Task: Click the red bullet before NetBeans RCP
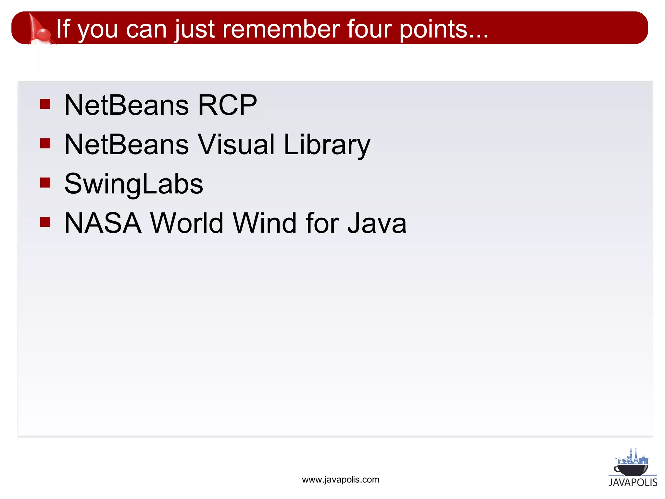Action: point(45,104)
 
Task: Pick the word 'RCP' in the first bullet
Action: point(227,105)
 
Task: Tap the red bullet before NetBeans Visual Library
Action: point(45,143)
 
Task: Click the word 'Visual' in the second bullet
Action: point(236,144)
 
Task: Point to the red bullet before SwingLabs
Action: point(45,183)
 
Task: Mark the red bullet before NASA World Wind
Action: point(45,222)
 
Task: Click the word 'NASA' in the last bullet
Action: point(103,223)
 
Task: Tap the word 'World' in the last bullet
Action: point(187,223)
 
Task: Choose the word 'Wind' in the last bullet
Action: point(265,223)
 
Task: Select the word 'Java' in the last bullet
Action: point(377,223)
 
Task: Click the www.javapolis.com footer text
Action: point(341,480)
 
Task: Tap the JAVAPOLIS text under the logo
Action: point(633,482)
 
